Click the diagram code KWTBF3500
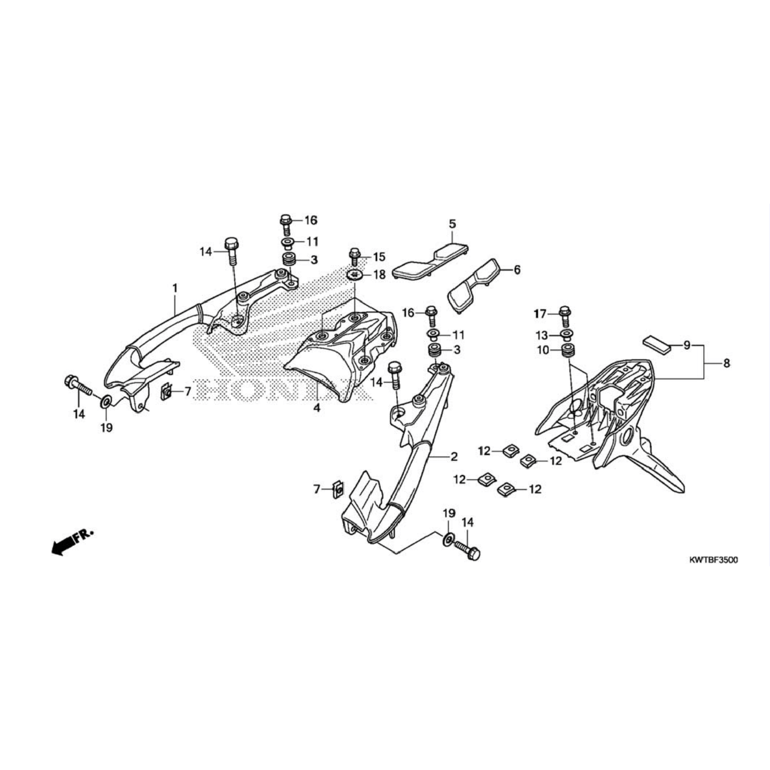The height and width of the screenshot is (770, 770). click(713, 560)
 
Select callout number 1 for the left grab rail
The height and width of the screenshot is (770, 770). click(175, 289)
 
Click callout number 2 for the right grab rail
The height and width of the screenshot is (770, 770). click(454, 457)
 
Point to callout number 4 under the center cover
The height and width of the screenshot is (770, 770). click(317, 408)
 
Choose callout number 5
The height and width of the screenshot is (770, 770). click(452, 224)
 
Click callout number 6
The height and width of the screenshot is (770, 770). click(517, 270)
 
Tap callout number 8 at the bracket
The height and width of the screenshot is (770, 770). click(726, 364)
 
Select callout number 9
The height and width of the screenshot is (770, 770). click(687, 345)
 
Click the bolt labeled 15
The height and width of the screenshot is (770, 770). click(353, 256)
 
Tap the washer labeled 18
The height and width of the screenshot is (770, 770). click(354, 275)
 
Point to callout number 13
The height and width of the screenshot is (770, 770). click(542, 336)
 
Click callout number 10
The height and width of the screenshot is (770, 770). click(543, 350)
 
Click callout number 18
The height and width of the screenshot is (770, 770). click(379, 275)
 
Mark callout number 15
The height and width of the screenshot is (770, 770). click(379, 257)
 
